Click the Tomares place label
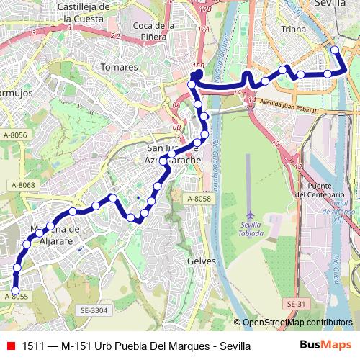pyautogui.click(x=120, y=67)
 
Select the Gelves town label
pyautogui.click(x=201, y=261)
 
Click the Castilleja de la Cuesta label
pyautogui.click(x=84, y=12)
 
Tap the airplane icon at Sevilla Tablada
pyautogui.click(x=251, y=215)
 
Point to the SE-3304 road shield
pyautogui.click(x=94, y=310)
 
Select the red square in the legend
pyautogui.click(x=11, y=346)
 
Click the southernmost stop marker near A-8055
pyautogui.click(x=15, y=290)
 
